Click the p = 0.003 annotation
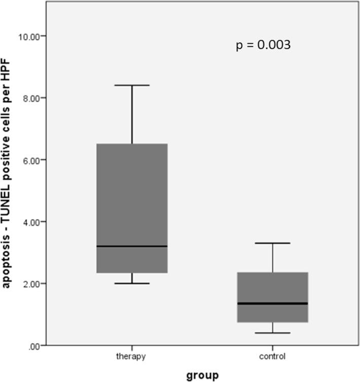point(263,45)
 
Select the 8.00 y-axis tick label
point(32,98)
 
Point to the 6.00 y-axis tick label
point(32,160)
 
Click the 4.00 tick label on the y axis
point(32,221)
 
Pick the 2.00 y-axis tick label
point(32,283)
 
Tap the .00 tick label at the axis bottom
point(35,346)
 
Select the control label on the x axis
point(273,356)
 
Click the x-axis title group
point(202,375)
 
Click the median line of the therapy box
point(132,246)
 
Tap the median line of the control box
point(273,303)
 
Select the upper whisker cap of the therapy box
point(132,85)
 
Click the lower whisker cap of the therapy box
point(132,283)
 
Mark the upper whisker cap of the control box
point(273,243)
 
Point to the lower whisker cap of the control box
point(273,333)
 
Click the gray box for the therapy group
point(132,203)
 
